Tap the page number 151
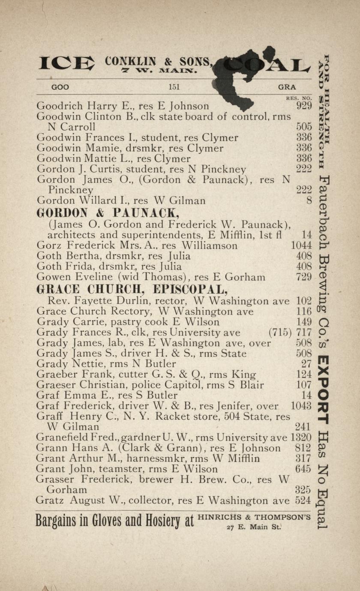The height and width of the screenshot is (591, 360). pos(174,87)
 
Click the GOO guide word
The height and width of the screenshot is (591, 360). pos(60,87)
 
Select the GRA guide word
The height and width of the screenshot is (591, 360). pos(287,87)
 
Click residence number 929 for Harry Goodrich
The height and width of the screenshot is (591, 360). pos(304,106)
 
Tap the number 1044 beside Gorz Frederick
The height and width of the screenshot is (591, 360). pos(301,245)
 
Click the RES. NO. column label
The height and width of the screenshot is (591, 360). pos(299,98)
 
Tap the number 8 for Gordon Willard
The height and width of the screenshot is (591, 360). pos(309,200)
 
